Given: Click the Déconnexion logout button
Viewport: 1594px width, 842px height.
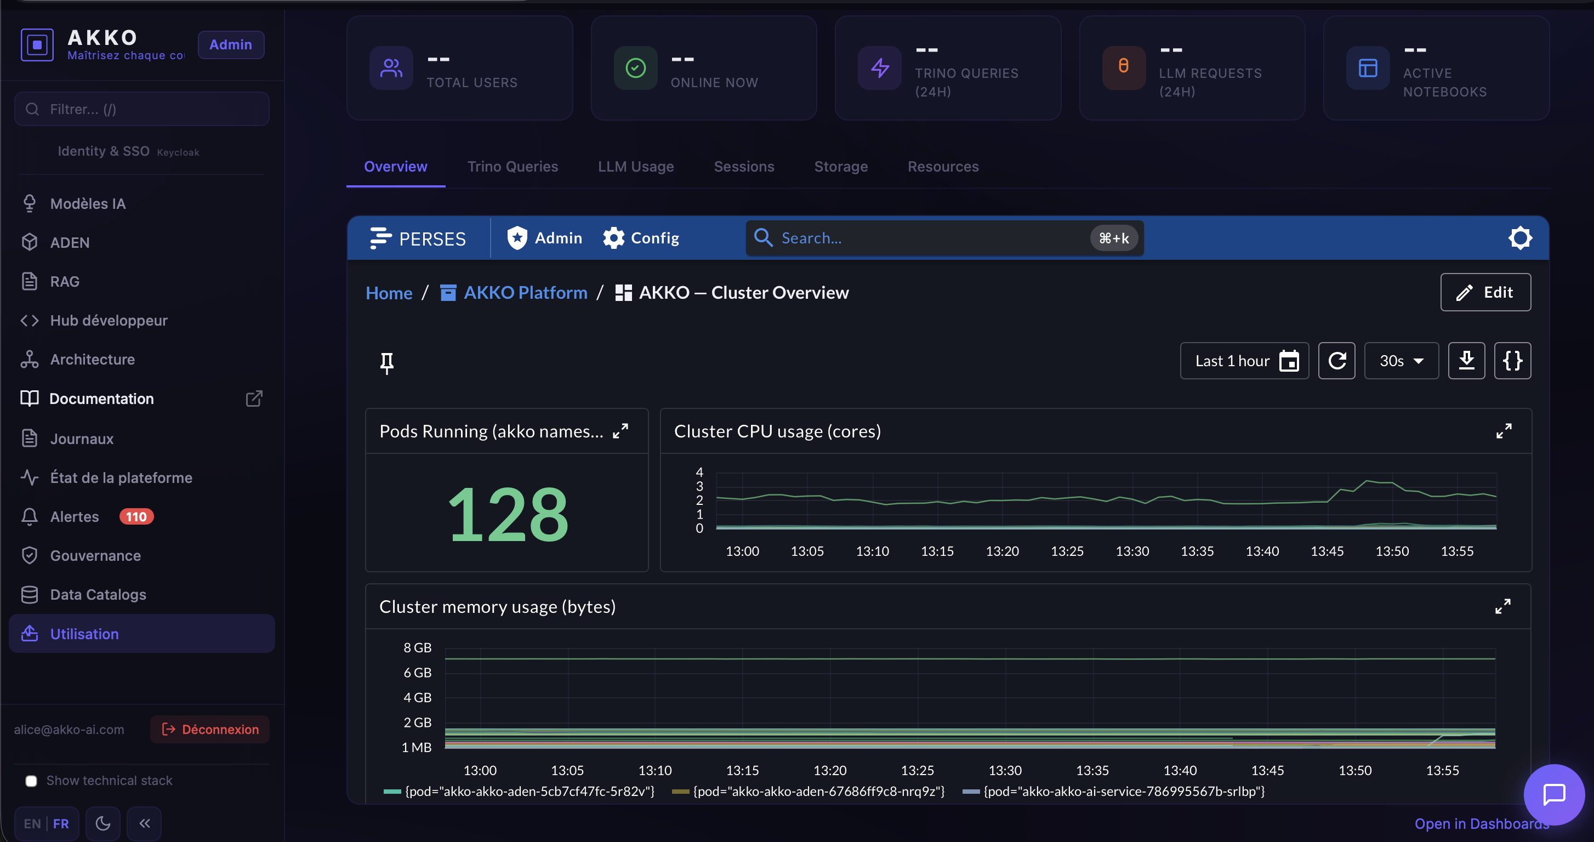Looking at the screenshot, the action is [210, 730].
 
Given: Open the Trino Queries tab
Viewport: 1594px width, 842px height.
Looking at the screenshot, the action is [513, 167].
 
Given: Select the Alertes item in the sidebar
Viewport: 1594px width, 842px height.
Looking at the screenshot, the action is [74, 516].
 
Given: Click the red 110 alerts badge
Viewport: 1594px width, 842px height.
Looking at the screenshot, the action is [136, 516].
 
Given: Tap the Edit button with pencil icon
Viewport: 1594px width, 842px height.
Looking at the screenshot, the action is [1485, 292].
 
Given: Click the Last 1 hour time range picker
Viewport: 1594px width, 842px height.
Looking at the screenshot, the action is [1244, 361].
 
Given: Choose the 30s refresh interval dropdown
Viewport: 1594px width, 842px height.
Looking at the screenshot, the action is [1401, 361].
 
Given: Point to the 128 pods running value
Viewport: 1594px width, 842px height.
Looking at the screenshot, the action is [508, 514].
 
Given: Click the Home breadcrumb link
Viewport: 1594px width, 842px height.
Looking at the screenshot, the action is [389, 293].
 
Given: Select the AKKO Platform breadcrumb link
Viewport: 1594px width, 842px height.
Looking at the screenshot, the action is [525, 293].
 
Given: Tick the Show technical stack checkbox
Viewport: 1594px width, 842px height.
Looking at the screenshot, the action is [31, 781].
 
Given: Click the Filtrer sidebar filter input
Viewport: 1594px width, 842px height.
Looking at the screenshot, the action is [142, 109].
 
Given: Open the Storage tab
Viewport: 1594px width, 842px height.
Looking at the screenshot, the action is [840, 167].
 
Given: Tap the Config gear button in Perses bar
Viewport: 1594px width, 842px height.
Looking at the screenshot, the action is [641, 238].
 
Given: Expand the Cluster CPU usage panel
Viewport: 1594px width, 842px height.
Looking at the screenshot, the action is [1504, 431].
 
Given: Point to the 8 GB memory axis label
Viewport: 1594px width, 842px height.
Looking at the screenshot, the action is [417, 648].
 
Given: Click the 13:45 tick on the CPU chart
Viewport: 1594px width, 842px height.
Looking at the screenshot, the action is [1327, 551].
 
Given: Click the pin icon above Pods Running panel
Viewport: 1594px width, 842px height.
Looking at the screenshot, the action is [387, 363].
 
